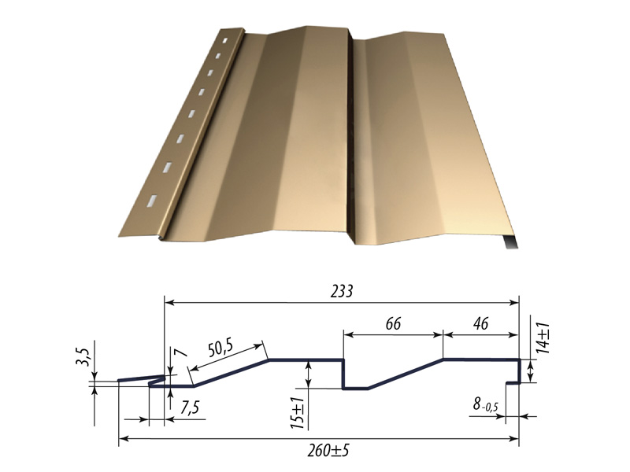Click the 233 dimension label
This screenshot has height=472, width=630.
pyautogui.click(x=342, y=291)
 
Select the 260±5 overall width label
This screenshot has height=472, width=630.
pyautogui.click(x=328, y=451)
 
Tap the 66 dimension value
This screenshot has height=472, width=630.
pyautogui.click(x=393, y=323)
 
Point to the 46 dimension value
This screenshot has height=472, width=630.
pyautogui.click(x=481, y=323)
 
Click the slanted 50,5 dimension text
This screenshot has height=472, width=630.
pyautogui.click(x=221, y=348)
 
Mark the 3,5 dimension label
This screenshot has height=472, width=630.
pyautogui.click(x=82, y=357)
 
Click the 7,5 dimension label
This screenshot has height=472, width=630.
pyautogui.click(x=190, y=407)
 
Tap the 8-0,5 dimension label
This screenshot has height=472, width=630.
pyautogui.click(x=485, y=404)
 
